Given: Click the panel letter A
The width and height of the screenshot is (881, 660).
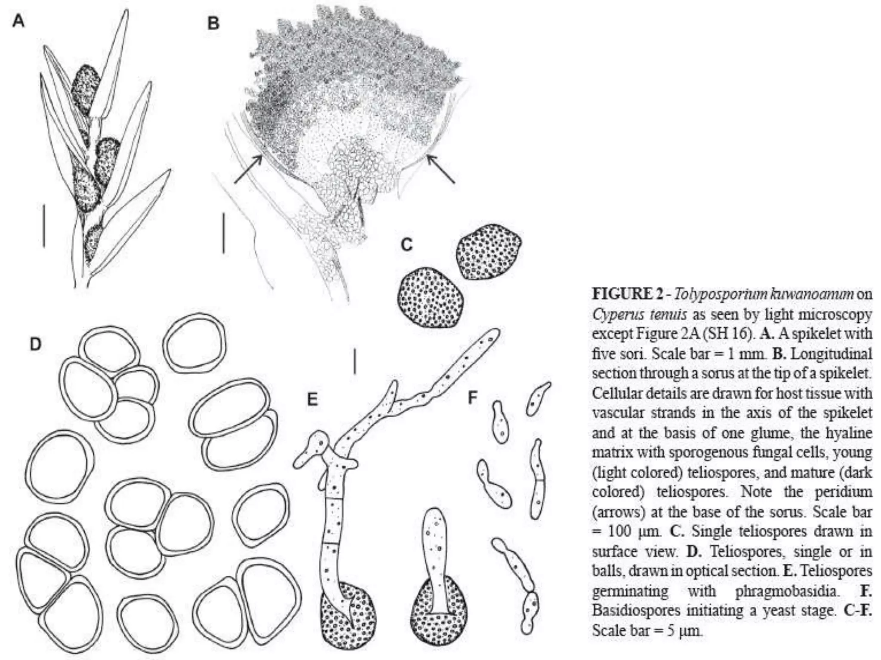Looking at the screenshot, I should coord(18,20).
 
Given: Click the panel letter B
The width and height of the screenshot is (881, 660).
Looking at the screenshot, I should coord(213,23).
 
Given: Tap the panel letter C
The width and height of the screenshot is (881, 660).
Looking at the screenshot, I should coord(407,245).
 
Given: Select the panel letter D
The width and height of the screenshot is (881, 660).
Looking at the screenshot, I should coord(36,344).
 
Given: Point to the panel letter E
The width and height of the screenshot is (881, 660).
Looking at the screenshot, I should coord(312,400).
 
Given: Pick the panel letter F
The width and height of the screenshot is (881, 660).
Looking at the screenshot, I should coord(473,398).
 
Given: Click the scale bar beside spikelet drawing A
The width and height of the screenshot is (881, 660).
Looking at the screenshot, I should coord(44,226).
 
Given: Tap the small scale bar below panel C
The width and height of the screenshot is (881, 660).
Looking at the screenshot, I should coord(354,361).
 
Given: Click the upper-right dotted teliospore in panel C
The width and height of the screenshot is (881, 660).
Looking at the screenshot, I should coord(489,251).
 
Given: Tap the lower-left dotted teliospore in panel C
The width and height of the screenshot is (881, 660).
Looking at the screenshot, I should coord(431,297).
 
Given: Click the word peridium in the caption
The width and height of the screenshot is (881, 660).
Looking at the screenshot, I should coord(843,492).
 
